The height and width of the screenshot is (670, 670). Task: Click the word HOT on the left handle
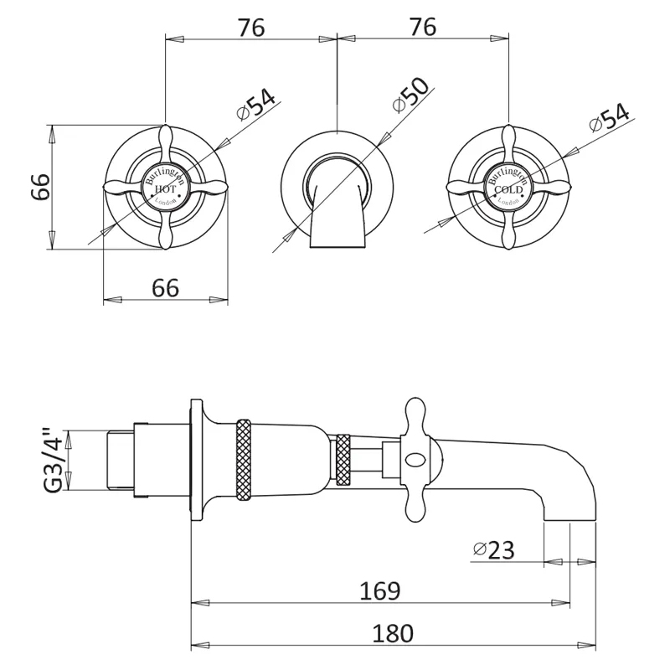[165, 191]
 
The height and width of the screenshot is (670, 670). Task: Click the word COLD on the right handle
[508, 191]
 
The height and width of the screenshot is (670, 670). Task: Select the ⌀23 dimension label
[493, 550]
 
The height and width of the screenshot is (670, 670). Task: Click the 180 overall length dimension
[393, 634]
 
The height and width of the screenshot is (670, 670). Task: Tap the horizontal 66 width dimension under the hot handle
[165, 288]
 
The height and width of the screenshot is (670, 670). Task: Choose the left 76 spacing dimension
[250, 28]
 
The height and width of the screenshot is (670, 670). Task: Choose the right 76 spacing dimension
[423, 28]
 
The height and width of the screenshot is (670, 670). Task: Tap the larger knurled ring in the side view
[245, 460]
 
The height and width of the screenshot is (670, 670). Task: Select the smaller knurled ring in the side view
[342, 460]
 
